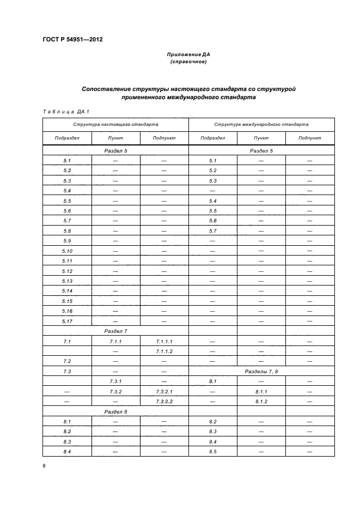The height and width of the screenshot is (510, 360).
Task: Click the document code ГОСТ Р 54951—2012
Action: coord(72,40)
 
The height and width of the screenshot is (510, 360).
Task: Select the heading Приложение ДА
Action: coord(188,54)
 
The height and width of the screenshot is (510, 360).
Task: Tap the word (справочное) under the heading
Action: coord(188,62)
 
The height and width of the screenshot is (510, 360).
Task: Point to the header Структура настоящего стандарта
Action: coord(115,124)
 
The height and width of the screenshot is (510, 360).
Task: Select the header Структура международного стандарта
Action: coord(261,124)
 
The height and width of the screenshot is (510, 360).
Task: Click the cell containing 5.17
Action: coord(68,321)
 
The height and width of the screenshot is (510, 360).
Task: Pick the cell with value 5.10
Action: coord(68,251)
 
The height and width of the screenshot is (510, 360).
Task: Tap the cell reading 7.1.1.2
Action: coord(164,351)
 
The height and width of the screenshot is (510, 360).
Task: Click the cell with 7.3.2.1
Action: coord(164,391)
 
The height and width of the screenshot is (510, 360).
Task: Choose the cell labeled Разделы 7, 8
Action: coord(261,371)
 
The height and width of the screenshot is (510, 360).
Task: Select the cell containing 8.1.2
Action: coord(261,402)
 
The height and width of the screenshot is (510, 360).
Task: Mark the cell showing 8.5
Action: coord(213,452)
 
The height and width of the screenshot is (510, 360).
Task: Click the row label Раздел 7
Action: coord(115,331)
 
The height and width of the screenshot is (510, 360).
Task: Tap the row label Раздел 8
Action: coord(115,411)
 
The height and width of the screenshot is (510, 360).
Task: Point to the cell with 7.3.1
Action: coord(115,381)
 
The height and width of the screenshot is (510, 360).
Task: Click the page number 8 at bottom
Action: coord(44,466)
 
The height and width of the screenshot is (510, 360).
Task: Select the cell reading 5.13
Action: coord(68,281)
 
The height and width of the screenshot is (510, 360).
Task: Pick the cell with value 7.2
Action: coord(68,361)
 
